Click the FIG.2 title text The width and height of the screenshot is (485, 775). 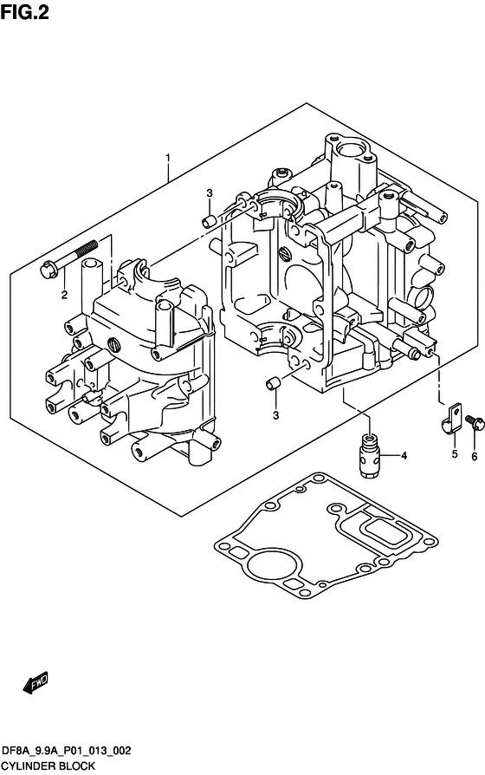[25, 12]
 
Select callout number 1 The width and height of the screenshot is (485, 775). [168, 158]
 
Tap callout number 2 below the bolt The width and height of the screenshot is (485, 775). [64, 295]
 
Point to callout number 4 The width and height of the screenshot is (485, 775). [404, 456]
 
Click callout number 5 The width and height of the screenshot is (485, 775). [455, 453]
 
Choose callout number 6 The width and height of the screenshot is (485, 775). [475, 457]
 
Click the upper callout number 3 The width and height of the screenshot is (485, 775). [210, 192]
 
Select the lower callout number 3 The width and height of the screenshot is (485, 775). [275, 415]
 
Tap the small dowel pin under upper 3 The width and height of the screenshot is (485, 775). [209, 220]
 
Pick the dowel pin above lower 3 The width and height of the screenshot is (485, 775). [273, 383]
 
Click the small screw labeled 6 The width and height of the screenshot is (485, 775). [475, 423]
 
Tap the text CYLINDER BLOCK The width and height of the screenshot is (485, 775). [48, 766]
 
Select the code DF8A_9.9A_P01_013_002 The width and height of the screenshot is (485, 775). [67, 751]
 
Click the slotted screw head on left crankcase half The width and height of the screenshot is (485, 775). [114, 344]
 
